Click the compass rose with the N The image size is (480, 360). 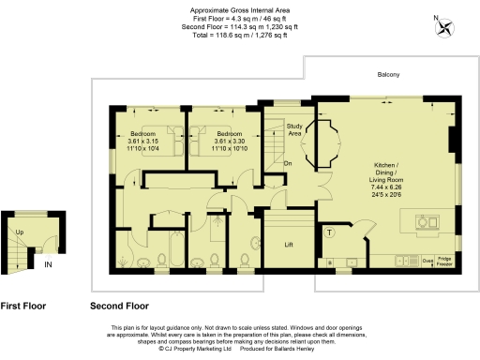pyautogui.click(x=443, y=25)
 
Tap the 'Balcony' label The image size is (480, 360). pyautogui.click(x=388, y=75)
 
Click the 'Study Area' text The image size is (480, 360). pyautogui.click(x=293, y=130)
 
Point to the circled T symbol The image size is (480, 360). pyautogui.click(x=330, y=232)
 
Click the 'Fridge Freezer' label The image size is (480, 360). pyautogui.click(x=443, y=260)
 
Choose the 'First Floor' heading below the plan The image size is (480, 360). pyautogui.click(x=22, y=306)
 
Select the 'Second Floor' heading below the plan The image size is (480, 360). pyautogui.click(x=119, y=306)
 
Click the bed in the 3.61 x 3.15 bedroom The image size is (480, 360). pyautogui.click(x=164, y=134)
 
